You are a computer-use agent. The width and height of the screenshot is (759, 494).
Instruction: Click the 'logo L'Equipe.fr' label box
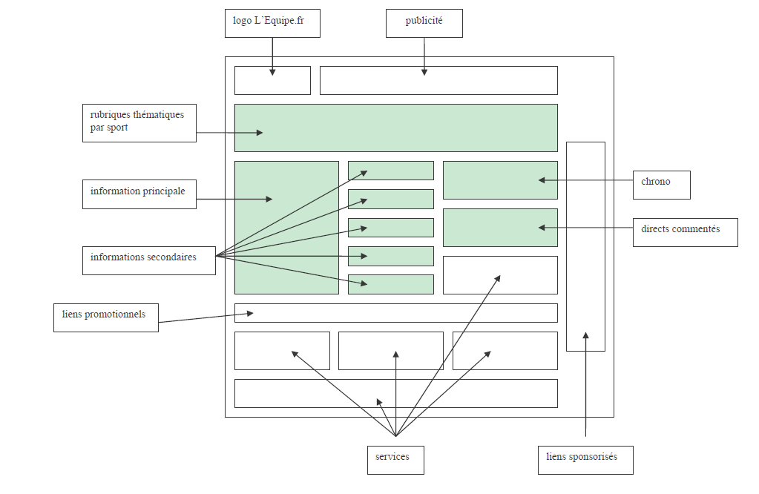click(x=272, y=22)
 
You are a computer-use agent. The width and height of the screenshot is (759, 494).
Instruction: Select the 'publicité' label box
click(x=424, y=22)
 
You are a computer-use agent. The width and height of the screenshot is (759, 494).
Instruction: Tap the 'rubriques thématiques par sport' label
click(x=139, y=122)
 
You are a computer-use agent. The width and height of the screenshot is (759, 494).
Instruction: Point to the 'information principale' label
click(x=139, y=193)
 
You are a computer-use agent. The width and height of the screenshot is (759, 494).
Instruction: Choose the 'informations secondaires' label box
click(x=148, y=260)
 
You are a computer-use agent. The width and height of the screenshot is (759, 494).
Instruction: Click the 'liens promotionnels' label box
click(x=105, y=317)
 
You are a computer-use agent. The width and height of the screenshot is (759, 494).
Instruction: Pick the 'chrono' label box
click(x=661, y=185)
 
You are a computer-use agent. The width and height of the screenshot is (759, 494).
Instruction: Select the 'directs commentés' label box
click(x=685, y=231)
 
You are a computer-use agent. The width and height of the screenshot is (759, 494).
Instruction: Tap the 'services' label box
click(x=395, y=459)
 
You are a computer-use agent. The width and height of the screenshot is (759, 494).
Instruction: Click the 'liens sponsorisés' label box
click(x=586, y=459)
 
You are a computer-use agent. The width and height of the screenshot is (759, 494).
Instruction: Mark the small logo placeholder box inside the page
click(x=272, y=80)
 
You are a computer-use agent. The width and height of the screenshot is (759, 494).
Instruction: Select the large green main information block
click(x=286, y=227)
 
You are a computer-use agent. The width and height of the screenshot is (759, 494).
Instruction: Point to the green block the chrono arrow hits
click(x=500, y=180)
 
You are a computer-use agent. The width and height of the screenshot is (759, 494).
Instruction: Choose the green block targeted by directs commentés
click(x=500, y=227)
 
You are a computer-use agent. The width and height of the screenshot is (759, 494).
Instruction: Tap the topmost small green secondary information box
click(x=390, y=170)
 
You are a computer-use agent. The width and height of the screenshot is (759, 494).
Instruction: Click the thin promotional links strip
click(x=395, y=312)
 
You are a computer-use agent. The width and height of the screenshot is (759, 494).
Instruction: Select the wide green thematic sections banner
click(x=395, y=128)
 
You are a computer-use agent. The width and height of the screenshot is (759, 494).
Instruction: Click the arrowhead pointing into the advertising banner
click(x=424, y=72)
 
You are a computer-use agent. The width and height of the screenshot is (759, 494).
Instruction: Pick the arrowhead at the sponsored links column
click(x=585, y=336)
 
